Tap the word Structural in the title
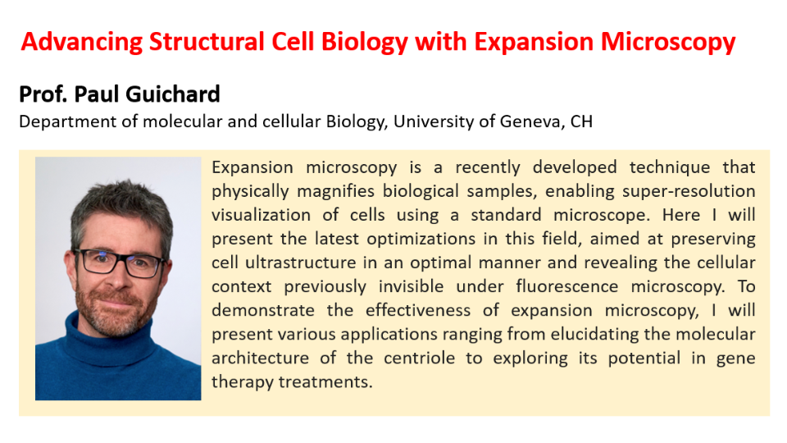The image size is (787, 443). coord(207,42)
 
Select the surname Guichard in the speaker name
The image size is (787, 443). coord(173,94)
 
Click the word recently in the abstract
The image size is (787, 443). coord(487,167)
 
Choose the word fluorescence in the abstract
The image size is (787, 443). coord(566,286)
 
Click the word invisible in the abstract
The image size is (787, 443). coord(411,286)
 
